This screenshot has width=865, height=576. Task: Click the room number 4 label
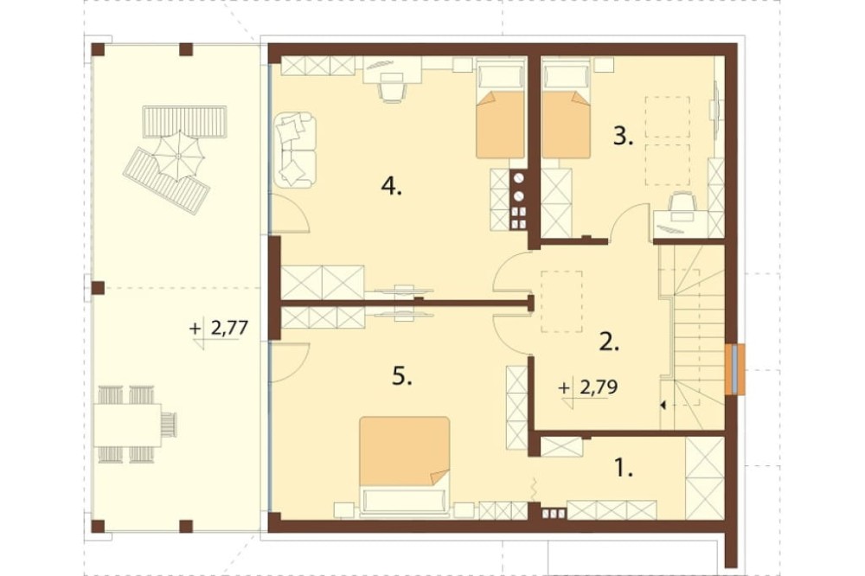click(391, 188)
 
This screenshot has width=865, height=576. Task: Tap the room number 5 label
click(402, 377)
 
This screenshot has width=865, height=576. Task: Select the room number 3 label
click(623, 136)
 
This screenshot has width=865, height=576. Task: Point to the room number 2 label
click(609, 342)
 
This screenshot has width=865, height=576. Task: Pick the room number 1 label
click(624, 469)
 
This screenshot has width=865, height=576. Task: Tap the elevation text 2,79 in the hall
click(599, 387)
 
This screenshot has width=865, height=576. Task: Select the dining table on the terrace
click(127, 425)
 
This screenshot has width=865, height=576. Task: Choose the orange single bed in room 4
click(500, 111)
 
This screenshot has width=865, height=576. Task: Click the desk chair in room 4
click(392, 89)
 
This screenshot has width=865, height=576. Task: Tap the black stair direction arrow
click(663, 406)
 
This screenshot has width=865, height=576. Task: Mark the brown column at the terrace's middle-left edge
click(98, 288)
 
